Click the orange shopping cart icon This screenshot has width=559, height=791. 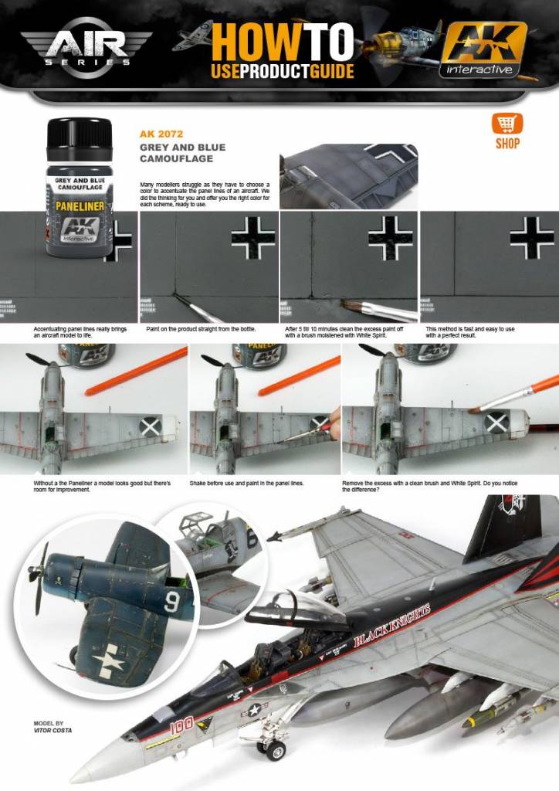click(506, 124)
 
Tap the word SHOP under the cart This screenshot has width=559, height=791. click(507, 144)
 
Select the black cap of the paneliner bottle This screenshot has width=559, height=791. click(80, 138)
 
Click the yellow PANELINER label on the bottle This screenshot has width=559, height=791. click(80, 206)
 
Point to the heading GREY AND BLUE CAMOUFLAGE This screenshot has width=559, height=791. click(182, 153)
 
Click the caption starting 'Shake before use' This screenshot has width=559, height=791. click(246, 483)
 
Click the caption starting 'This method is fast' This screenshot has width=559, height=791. click(469, 332)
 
